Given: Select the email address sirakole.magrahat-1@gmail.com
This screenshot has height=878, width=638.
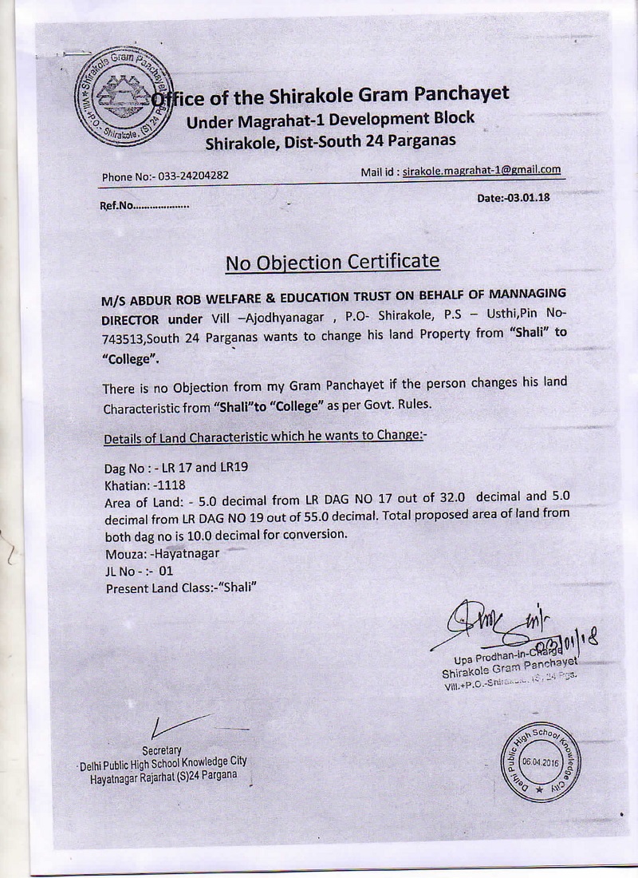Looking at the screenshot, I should [482, 170].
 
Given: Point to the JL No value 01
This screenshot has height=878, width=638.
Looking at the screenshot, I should [165, 570].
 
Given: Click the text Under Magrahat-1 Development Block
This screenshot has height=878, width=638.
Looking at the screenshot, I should [329, 119].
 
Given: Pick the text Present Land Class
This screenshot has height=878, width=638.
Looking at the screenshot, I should [156, 587].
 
